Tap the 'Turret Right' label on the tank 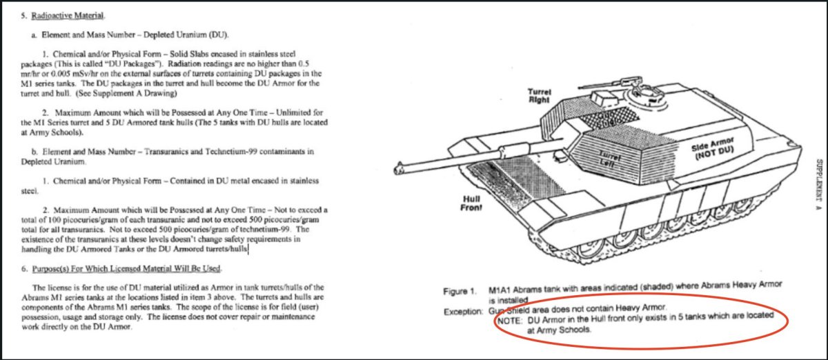539,95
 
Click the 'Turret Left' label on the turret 609,158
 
